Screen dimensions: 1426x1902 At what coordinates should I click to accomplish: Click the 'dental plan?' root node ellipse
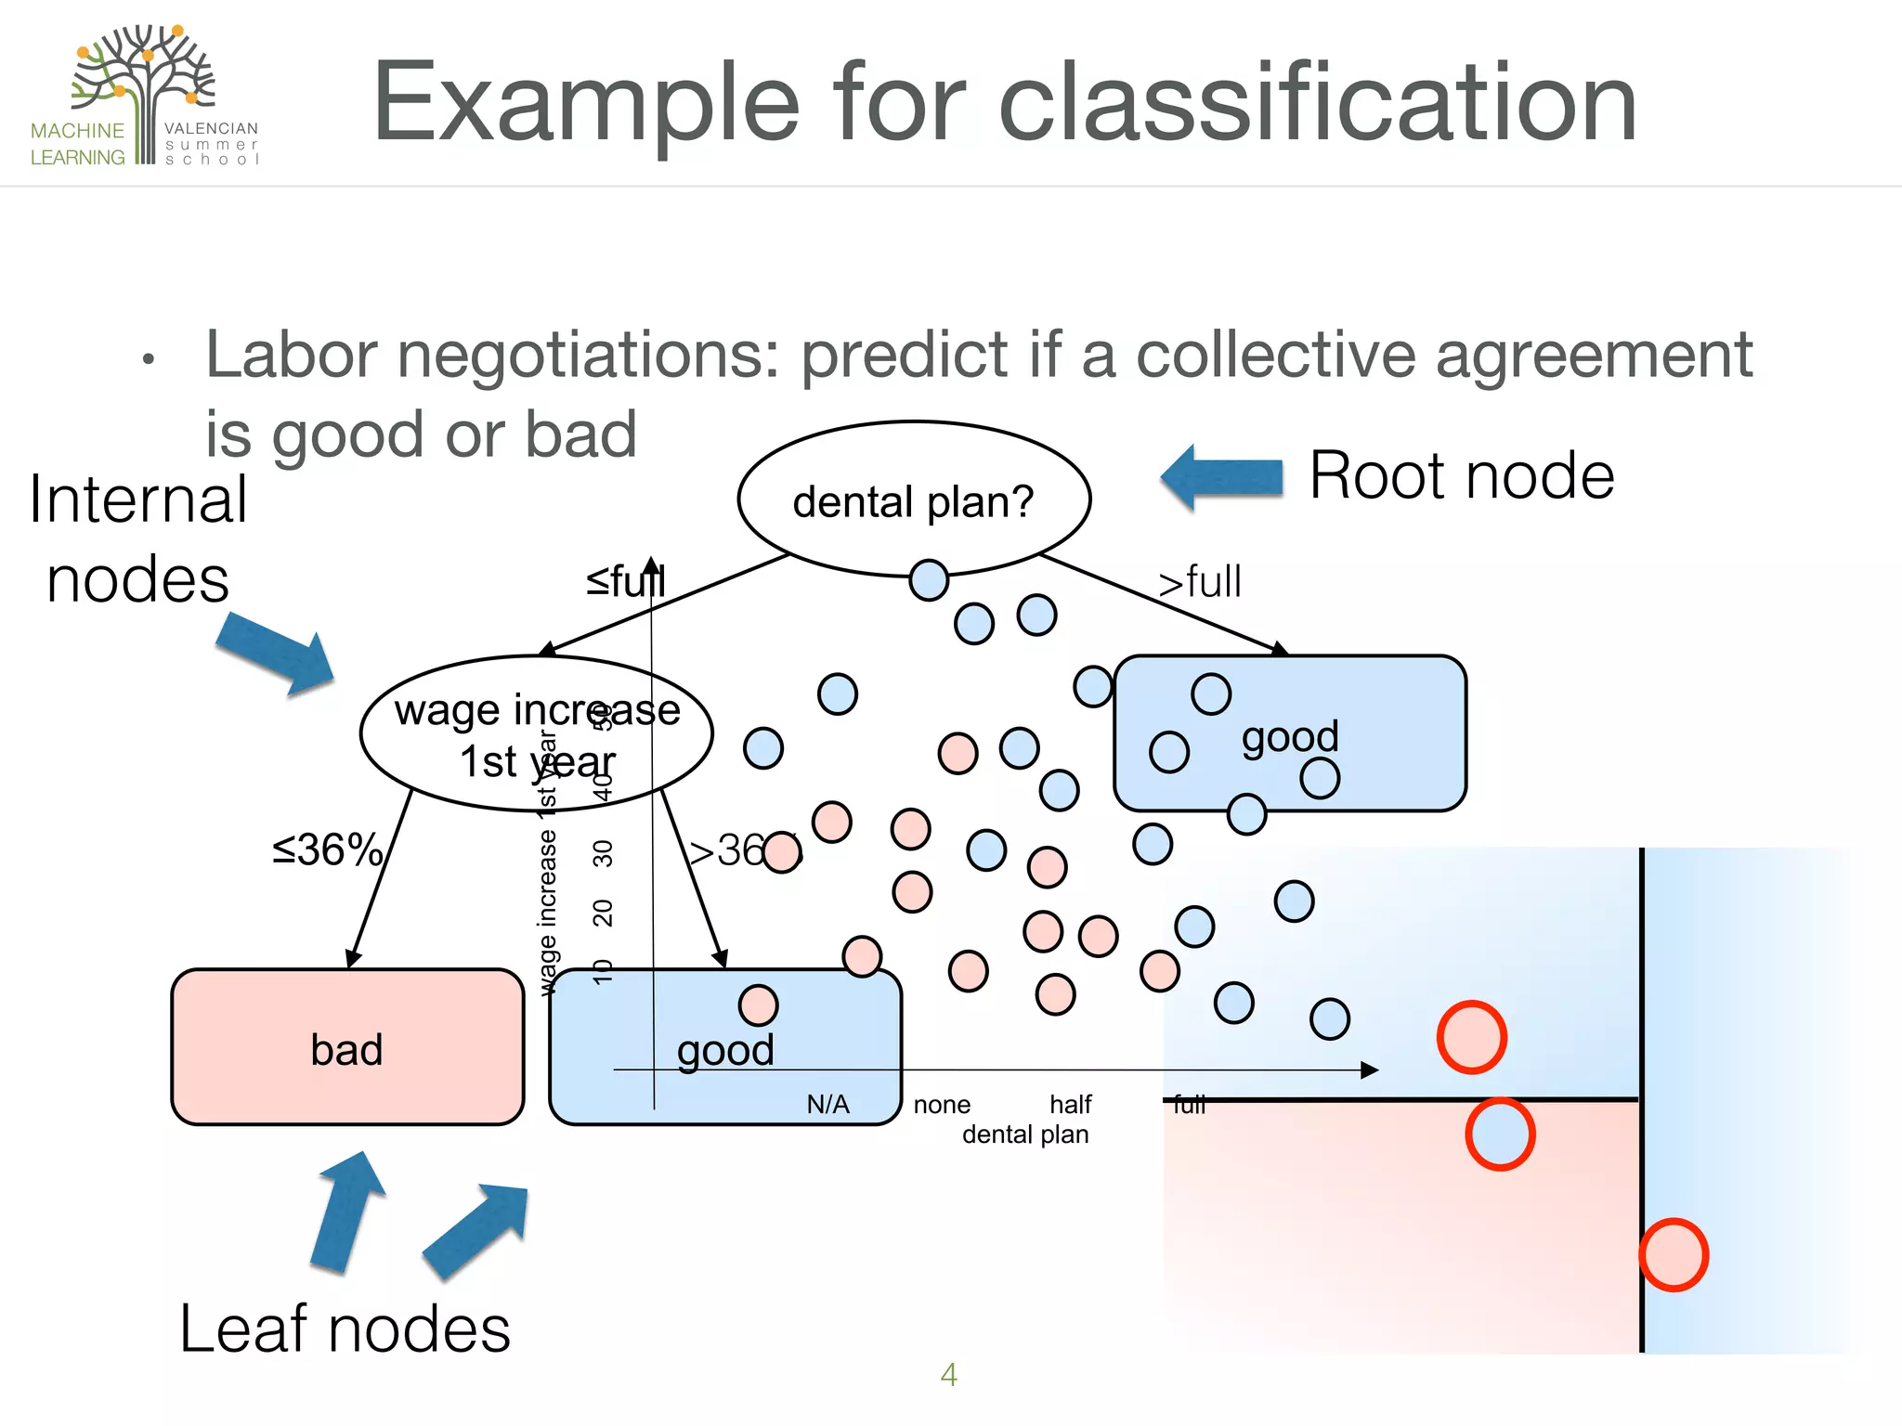(x=913, y=499)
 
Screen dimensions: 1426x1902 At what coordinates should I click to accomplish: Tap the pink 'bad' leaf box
(x=346, y=1048)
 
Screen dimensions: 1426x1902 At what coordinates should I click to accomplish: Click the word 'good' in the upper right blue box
(x=1290, y=736)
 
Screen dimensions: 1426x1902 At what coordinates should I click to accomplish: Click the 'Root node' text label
(x=1462, y=476)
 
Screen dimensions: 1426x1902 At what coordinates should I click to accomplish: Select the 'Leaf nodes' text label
(x=345, y=1329)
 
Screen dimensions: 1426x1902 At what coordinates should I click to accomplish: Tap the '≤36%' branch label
(x=327, y=849)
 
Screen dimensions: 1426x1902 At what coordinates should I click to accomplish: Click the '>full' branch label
(x=1199, y=582)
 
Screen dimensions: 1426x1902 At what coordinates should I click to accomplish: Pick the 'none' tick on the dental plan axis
(x=941, y=1105)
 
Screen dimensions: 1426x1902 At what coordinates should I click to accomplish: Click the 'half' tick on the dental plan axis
(x=1070, y=1105)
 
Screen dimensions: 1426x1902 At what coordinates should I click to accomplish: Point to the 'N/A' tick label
(x=827, y=1105)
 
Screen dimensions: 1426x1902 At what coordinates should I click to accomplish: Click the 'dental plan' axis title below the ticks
(x=1024, y=1134)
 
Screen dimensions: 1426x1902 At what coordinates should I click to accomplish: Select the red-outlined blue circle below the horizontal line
(x=1500, y=1134)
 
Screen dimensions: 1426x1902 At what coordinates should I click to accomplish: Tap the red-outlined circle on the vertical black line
(x=1673, y=1255)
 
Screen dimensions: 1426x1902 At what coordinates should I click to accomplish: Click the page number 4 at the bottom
(x=948, y=1374)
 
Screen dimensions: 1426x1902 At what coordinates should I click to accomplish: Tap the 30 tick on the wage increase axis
(x=603, y=852)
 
